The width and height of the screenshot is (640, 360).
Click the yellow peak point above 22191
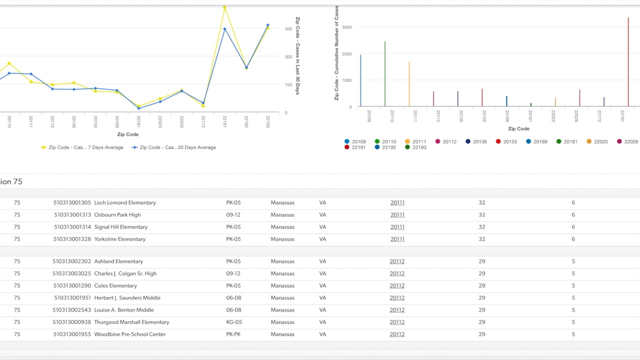(x=224, y=7)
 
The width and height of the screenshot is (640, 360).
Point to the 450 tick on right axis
(x=288, y=29)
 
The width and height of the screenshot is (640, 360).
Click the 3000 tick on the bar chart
(x=347, y=27)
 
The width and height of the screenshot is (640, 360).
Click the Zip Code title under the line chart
(x=128, y=134)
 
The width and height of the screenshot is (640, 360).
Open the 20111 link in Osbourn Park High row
(x=397, y=215)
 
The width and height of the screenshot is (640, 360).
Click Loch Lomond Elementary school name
(x=125, y=203)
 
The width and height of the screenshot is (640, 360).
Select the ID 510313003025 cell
(x=72, y=273)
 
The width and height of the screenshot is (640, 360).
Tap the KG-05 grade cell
(x=234, y=322)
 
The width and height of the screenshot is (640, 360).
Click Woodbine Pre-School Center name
(x=130, y=334)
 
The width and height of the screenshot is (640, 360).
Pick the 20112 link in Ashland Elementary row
(x=397, y=261)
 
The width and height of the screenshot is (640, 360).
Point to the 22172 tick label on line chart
(x=203, y=121)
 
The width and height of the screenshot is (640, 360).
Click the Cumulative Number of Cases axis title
(x=336, y=53)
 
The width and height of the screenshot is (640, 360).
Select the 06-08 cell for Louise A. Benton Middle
(x=234, y=310)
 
